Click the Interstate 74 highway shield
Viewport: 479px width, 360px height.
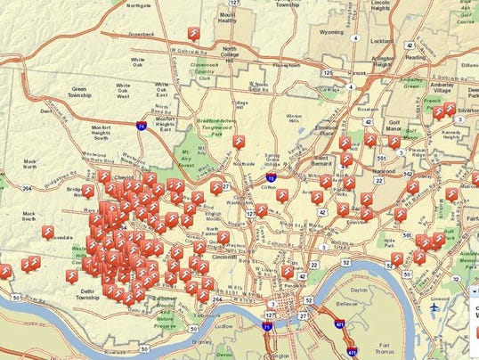(x=142, y=127)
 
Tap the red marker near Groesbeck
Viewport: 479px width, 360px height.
(x=194, y=34)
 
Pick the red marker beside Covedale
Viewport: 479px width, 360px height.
(x=47, y=232)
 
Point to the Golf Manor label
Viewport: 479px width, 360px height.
(x=394, y=131)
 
